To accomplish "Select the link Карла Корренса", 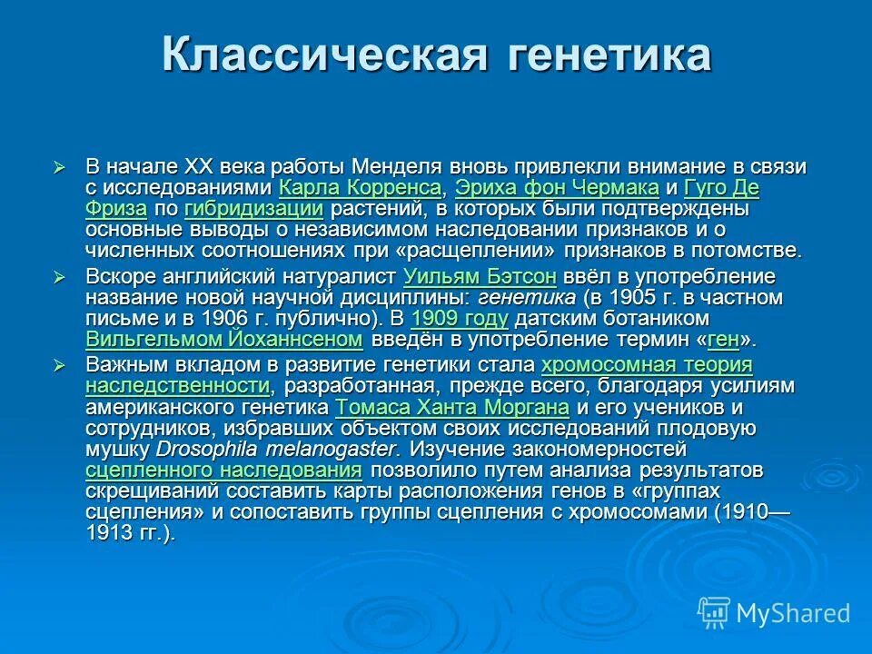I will pos(361,189).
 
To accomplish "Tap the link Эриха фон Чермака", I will pos(557,189).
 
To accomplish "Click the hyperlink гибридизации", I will pos(253,209).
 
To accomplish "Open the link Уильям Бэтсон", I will pos(479,277).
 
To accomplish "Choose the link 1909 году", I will pos(460,319).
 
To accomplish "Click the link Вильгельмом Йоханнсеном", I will pos(224,340).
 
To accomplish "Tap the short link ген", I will pos(723,340).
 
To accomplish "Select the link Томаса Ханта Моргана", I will pos(452,407).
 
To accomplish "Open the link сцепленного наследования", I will pos(224,471).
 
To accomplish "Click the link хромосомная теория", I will pos(647,366).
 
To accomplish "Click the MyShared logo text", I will pos(792,614).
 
